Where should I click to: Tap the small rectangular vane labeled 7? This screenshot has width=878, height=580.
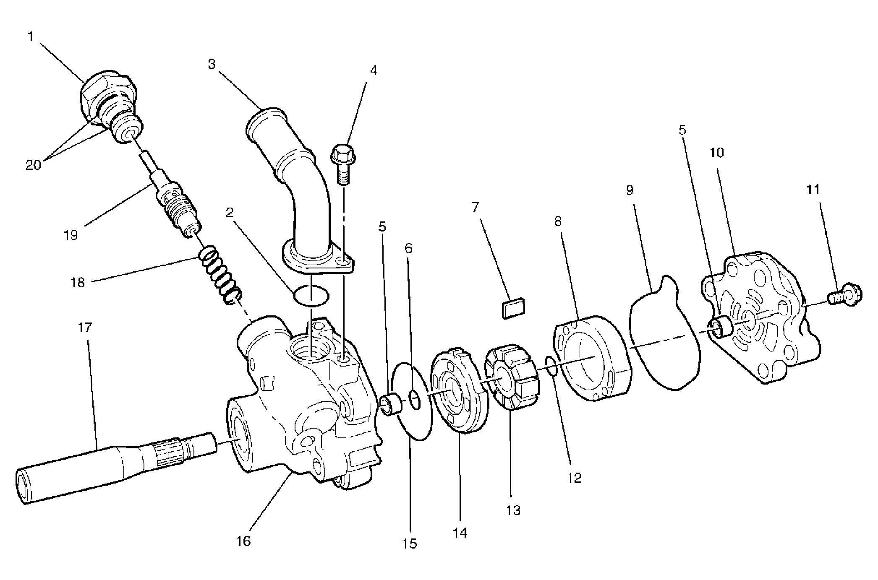click(512, 308)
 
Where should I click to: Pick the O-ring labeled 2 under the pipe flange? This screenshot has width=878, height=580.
click(311, 296)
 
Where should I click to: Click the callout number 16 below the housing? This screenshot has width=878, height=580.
click(243, 541)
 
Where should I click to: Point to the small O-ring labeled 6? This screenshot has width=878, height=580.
click(414, 399)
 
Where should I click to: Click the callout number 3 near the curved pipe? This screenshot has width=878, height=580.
click(212, 65)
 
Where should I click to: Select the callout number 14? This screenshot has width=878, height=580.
click(460, 533)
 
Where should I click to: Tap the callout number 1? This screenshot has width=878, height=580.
click(30, 37)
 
